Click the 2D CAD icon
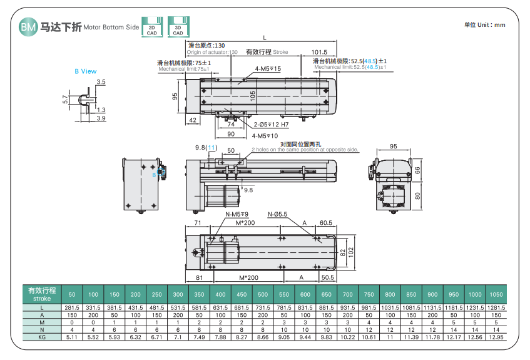click(151, 28)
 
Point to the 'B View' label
click(86, 71)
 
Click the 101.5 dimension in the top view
click(319, 52)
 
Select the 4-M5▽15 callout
click(267, 69)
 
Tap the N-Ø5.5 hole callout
click(277, 214)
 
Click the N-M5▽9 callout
click(237, 214)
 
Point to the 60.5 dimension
click(325, 222)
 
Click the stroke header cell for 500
click(262, 294)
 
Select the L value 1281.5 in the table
click(496, 307)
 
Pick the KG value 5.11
click(72, 337)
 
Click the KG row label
click(42, 337)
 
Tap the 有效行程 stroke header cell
click(42, 294)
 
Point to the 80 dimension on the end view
click(417, 195)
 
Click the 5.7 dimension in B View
click(64, 99)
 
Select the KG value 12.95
click(496, 337)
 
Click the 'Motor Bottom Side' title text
click(111, 28)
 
